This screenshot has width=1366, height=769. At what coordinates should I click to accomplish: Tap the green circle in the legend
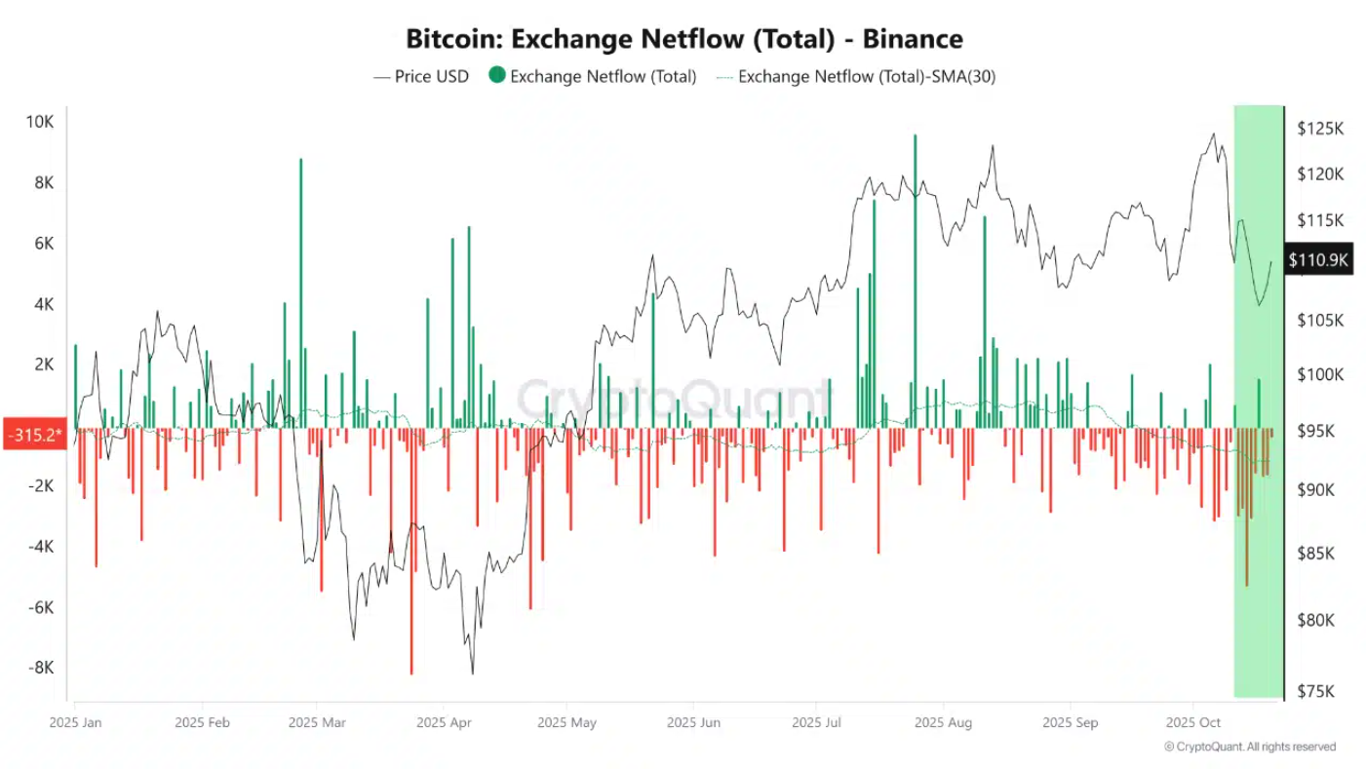(x=497, y=76)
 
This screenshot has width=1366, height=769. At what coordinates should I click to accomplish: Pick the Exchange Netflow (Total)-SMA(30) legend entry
(x=866, y=76)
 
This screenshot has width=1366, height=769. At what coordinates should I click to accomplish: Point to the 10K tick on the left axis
(x=40, y=122)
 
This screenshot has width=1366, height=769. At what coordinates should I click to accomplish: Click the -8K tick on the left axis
(x=40, y=668)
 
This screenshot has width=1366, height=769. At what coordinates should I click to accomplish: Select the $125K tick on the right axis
(x=1320, y=129)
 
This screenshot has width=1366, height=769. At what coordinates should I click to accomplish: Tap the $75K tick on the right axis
(x=1320, y=691)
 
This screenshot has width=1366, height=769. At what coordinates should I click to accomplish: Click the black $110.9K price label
(x=1318, y=259)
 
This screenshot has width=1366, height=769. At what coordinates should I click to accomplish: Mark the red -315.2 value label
(x=33, y=434)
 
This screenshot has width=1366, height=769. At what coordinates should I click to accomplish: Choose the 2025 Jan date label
(x=76, y=722)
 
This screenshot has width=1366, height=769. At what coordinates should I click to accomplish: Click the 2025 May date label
(x=566, y=722)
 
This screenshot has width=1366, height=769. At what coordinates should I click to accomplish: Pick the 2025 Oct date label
(x=1193, y=722)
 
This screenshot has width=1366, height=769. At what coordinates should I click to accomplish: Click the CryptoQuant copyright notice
(x=1250, y=747)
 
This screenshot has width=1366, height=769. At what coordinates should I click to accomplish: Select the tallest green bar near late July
(x=915, y=283)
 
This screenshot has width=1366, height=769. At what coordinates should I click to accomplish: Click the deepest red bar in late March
(x=411, y=551)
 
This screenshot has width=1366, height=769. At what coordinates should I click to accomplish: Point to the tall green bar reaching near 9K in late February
(x=300, y=292)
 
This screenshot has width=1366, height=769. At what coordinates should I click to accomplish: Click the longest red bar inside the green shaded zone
(x=1246, y=507)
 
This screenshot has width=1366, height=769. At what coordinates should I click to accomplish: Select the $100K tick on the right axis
(x=1320, y=375)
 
